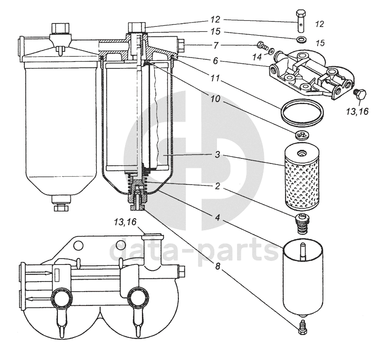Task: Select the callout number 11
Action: coord(215,79)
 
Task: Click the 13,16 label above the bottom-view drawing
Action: coord(125,222)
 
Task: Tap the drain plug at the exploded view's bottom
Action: coord(302,326)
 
